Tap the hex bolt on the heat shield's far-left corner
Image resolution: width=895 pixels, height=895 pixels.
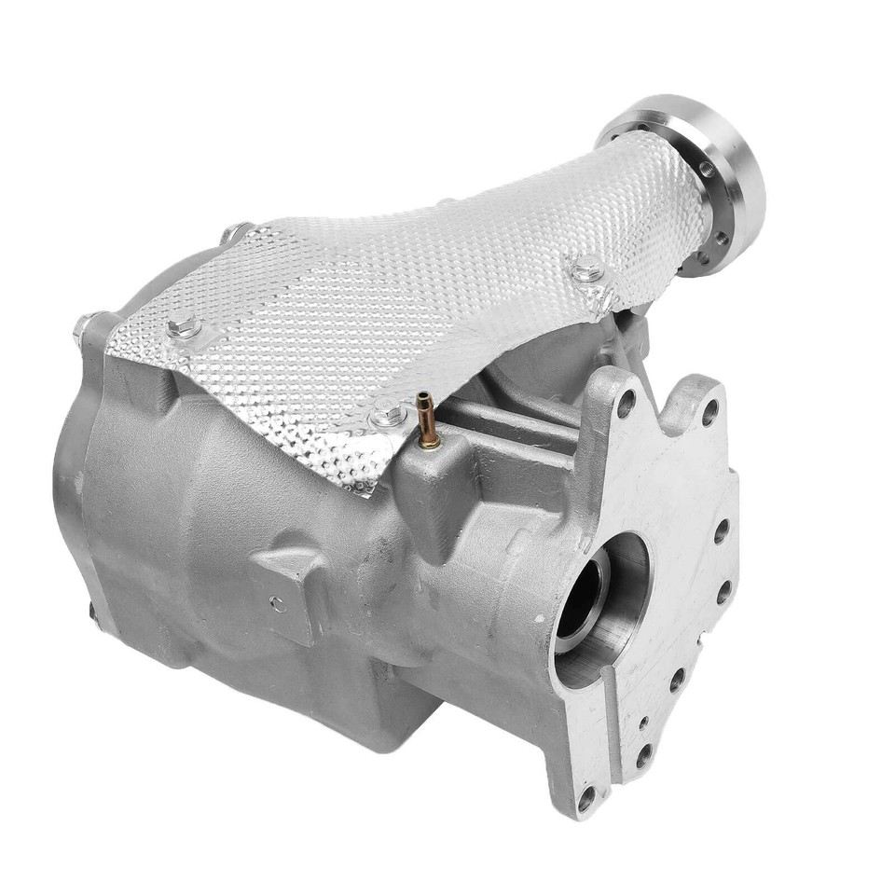tap(184, 327)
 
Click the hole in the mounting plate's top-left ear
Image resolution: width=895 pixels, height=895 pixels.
tap(626, 403)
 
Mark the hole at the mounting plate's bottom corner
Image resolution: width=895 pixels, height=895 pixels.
tap(585, 798)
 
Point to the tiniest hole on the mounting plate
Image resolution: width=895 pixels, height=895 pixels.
tap(643, 720)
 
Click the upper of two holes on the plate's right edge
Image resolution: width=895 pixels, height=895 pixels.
tap(721, 531)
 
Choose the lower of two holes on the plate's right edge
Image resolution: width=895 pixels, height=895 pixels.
tap(721, 591)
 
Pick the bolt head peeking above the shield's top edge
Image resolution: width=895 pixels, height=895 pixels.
tap(234, 231)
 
